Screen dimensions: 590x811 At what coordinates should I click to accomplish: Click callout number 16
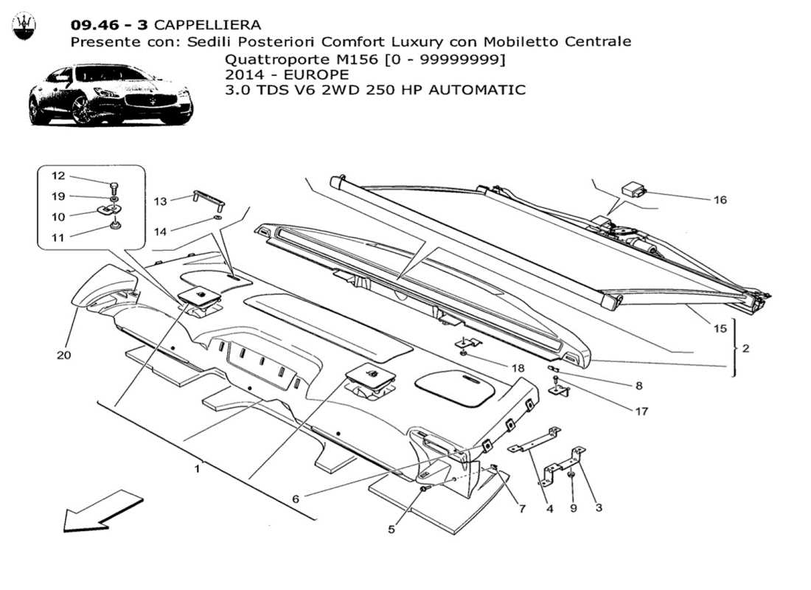720,200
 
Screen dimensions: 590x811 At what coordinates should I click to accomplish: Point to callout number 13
161,200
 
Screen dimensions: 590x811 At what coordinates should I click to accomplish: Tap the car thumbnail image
111,94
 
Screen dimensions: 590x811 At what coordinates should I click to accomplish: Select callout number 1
197,468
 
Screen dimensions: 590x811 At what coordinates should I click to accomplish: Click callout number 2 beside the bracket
745,348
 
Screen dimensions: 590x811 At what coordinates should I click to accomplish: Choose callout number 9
573,507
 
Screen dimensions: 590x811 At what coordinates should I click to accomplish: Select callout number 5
392,528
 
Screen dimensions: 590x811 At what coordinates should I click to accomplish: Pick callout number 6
296,499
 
